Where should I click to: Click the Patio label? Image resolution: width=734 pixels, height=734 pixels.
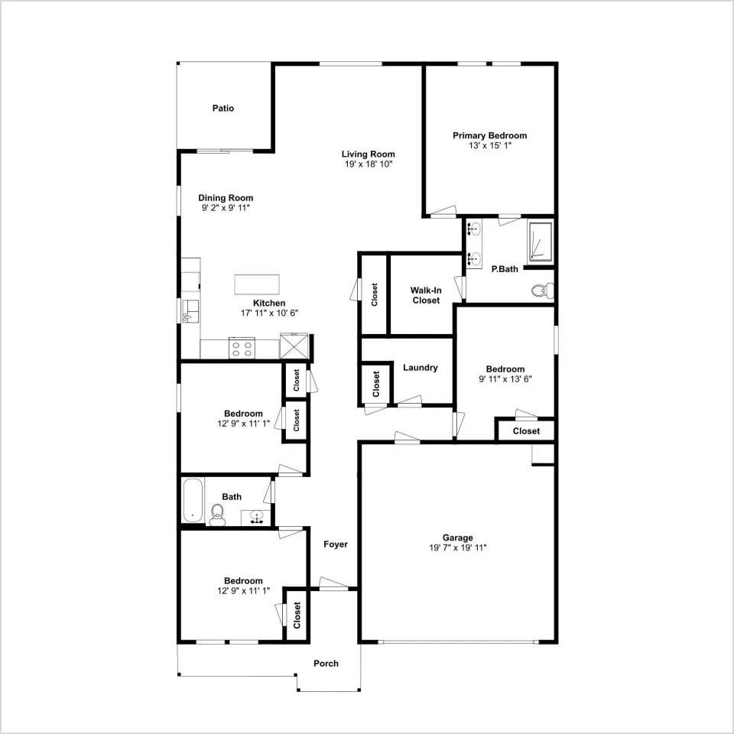(x=222, y=108)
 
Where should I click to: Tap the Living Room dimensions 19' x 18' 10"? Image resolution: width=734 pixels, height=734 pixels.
(x=369, y=164)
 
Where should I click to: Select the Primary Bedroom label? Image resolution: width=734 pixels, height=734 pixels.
(x=489, y=135)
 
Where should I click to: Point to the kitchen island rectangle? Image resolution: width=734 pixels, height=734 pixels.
(x=257, y=284)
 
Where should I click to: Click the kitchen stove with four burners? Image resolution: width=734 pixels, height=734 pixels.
(x=242, y=349)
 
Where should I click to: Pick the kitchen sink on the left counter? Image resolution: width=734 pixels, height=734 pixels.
(x=190, y=312)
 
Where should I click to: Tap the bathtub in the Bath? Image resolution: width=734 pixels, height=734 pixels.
(x=193, y=500)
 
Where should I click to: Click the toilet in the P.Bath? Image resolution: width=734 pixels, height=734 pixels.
(x=543, y=291)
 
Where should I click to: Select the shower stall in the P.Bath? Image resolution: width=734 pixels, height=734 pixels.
(x=541, y=241)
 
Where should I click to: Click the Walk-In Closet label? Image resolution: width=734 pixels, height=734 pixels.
(x=426, y=295)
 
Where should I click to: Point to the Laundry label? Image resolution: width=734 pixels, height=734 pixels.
(x=421, y=368)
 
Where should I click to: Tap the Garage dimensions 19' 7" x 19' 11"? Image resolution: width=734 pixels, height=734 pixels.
(x=458, y=547)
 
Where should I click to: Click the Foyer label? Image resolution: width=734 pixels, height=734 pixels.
(x=336, y=544)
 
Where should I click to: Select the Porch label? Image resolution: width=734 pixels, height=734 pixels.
(x=326, y=664)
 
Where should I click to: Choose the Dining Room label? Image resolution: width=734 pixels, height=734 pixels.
(x=226, y=197)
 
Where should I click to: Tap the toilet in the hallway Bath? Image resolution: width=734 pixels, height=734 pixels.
(x=216, y=515)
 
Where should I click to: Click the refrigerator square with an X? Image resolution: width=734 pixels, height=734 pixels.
(x=294, y=346)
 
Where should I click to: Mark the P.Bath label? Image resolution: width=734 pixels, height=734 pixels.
(x=505, y=268)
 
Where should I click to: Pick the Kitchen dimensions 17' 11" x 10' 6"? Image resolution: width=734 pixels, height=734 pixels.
(x=269, y=313)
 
